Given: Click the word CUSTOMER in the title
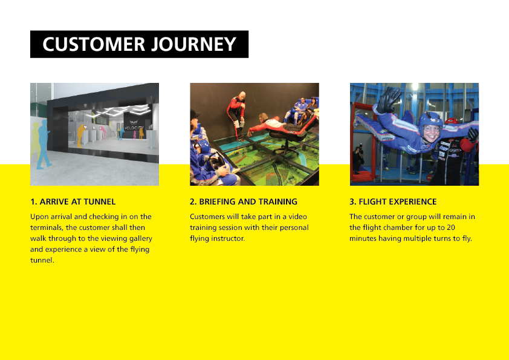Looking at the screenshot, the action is point(94,44).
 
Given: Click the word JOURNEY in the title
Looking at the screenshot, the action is point(194,44).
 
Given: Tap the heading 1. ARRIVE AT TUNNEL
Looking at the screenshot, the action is point(73,201).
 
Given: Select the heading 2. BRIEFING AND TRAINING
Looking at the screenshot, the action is point(244,201).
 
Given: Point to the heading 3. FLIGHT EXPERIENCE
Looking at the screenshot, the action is point(393,201).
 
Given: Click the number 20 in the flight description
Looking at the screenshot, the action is point(450,227).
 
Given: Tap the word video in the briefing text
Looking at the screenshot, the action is point(297,217).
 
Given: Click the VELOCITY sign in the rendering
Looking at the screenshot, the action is point(134,128).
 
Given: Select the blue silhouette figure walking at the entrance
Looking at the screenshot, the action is point(44,145).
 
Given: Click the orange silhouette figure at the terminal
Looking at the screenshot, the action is point(80,136).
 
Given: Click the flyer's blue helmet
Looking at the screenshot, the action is point(430,121).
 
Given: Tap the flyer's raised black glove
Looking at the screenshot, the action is point(388,100).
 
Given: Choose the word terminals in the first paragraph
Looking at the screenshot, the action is point(47,227).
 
